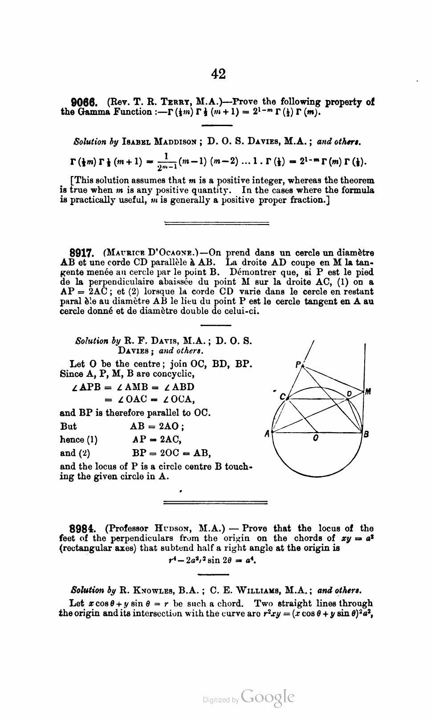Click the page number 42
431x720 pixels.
click(x=218, y=74)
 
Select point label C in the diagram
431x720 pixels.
click(x=282, y=396)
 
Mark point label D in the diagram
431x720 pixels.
click(x=350, y=393)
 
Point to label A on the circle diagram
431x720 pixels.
click(x=267, y=433)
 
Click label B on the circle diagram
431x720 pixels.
click(x=366, y=434)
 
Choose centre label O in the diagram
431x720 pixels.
click(x=315, y=438)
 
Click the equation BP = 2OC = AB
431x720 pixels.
click(x=171, y=453)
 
